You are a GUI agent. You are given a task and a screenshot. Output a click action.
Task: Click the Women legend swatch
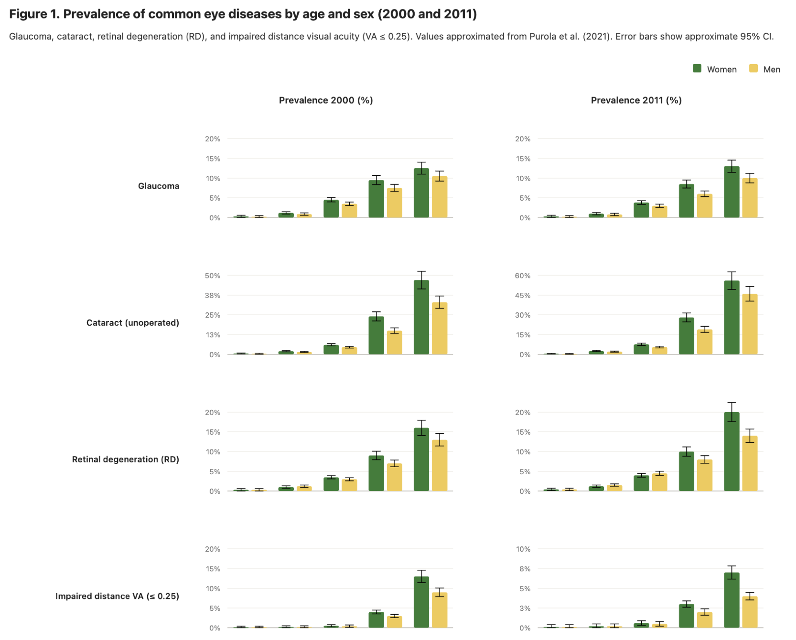pyautogui.click(x=697, y=69)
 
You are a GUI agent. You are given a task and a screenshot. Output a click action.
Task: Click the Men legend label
pyautogui.click(x=771, y=70)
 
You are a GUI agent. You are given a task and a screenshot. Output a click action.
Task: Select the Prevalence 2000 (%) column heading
pyautogui.click(x=326, y=100)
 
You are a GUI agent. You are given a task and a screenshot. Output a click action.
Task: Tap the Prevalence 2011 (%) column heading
pyautogui.click(x=636, y=100)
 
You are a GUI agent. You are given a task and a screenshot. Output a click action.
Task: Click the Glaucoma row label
pyautogui.click(x=159, y=186)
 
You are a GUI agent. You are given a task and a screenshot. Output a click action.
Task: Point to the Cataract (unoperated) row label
pyautogui.click(x=133, y=323)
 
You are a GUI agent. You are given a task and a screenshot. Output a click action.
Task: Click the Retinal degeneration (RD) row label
pyautogui.click(x=126, y=459)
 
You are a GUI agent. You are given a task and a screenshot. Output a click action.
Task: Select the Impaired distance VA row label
pyautogui.click(x=117, y=596)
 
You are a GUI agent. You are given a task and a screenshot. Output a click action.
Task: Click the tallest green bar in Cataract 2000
pyautogui.click(x=421, y=318)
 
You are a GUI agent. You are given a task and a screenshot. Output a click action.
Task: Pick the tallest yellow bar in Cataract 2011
pyautogui.click(x=750, y=325)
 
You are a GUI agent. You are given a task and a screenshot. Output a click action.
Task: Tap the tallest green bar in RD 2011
pyautogui.click(x=731, y=452)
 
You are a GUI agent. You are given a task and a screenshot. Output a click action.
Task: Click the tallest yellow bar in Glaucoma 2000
pyautogui.click(x=440, y=197)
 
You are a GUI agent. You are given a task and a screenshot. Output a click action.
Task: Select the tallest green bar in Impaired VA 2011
pyautogui.click(x=731, y=600)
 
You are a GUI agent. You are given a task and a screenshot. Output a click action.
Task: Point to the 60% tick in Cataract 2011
pyautogui.click(x=523, y=276)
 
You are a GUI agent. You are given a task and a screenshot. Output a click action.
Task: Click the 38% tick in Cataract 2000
pyautogui.click(x=213, y=296)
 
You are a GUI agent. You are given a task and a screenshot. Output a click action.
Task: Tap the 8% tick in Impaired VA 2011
pyautogui.click(x=525, y=569)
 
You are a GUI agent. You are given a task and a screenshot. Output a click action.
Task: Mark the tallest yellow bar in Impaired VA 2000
pyautogui.click(x=440, y=610)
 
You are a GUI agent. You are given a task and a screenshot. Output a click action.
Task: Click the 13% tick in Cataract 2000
pyautogui.click(x=213, y=335)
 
